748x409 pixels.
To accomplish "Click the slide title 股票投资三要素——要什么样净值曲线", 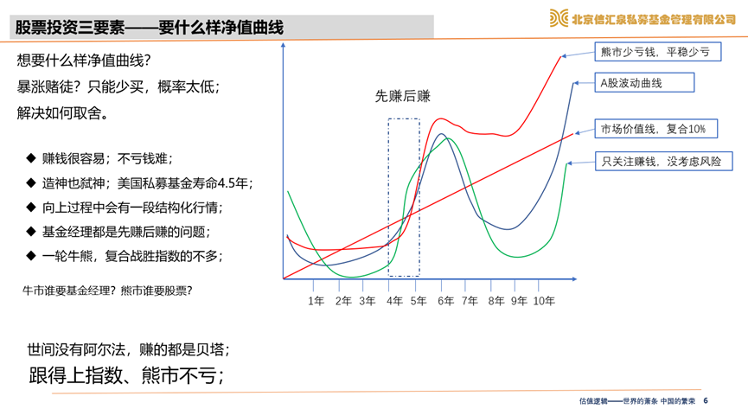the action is point(150,27).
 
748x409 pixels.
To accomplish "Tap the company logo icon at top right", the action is point(559,18).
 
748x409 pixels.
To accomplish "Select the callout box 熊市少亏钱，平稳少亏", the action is point(657,52).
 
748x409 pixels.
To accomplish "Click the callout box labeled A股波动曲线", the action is point(644,82).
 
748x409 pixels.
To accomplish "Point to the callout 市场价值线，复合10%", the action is point(656,128).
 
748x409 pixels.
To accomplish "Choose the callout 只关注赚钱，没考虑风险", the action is point(663,162).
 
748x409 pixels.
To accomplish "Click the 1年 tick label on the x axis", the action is point(316,301).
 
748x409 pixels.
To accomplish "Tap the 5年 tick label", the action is point(419,301).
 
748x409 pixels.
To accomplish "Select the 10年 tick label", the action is point(544,301).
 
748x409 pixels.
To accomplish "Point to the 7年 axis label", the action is point(470,301).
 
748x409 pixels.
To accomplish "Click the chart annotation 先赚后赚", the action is point(403,96).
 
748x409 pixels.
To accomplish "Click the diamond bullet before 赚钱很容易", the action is point(31,158).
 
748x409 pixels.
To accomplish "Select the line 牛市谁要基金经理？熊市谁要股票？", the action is point(107,291).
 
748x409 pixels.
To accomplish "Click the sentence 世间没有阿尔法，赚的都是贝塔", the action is point(128,349).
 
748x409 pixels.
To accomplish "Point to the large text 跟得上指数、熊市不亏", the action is point(126,375).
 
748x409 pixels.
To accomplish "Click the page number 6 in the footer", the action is point(706,401).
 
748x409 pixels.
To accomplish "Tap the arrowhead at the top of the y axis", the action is point(284,45).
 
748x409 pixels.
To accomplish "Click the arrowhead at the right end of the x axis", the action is point(574,278).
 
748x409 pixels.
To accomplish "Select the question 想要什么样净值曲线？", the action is point(84,61).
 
